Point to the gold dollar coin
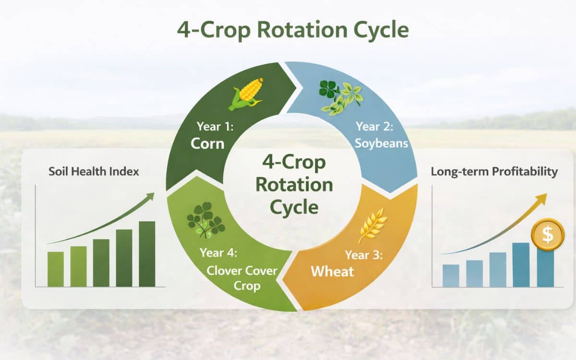tap(548, 234)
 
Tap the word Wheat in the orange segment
tap(332, 271)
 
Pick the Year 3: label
tap(364, 255)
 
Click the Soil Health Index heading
tap(94, 171)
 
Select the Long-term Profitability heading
tap(494, 171)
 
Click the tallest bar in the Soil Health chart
tap(147, 254)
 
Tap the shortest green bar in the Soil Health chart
tap(56, 269)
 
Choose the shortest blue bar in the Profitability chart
tap(451, 276)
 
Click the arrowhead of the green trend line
tap(150, 196)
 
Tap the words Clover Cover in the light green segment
tap(242, 270)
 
